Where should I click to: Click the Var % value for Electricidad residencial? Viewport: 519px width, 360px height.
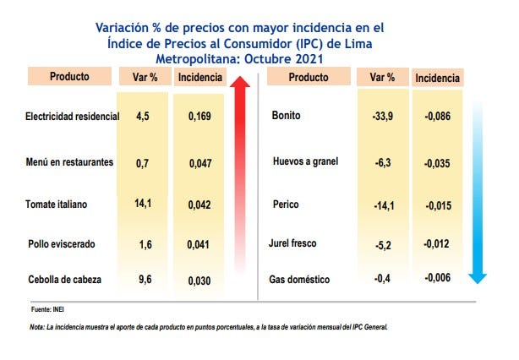pos(142,116)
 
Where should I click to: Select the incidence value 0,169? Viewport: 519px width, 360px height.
pos(200,116)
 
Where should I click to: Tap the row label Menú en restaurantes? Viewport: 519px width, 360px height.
pos(69,161)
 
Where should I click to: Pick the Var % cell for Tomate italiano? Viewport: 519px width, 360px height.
pos(142,204)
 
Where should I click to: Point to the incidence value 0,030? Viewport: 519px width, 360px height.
pos(200,280)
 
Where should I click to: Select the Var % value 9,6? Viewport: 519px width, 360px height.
pos(142,280)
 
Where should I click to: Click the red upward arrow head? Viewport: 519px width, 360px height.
pos(241,85)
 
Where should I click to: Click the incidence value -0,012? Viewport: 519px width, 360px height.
pos(438,244)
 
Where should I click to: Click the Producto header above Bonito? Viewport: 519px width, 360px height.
pos(309,77)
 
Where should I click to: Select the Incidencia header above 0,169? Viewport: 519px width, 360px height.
pos(200,78)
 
